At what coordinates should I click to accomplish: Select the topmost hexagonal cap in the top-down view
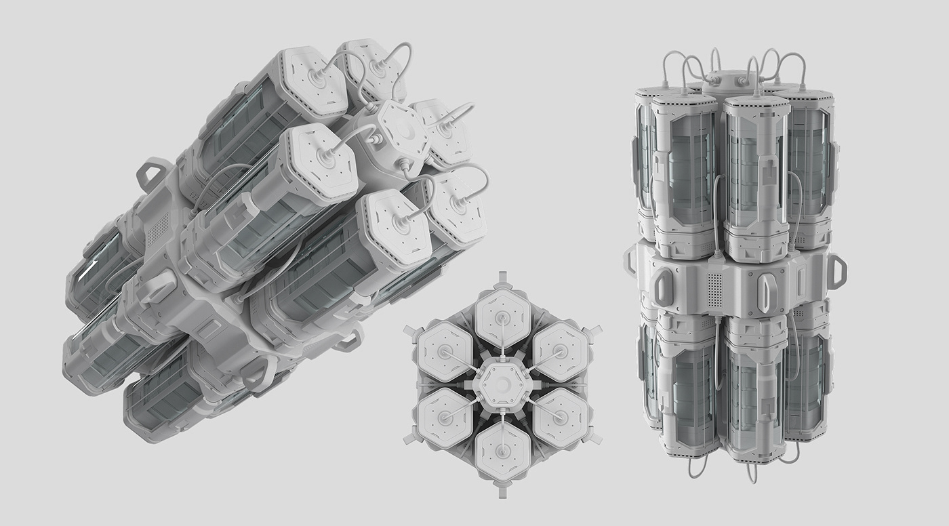tap(502, 316)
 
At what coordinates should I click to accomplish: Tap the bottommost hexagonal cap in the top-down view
tap(502, 453)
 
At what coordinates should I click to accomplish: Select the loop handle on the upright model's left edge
tap(630, 263)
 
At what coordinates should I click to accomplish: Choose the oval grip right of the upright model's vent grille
tap(765, 291)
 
